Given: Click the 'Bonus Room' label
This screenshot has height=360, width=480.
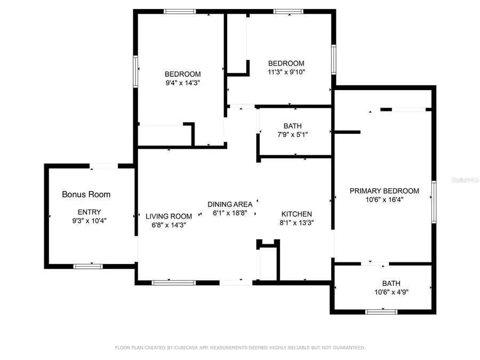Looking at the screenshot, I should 86,194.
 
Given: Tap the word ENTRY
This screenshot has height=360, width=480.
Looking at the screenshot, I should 89,212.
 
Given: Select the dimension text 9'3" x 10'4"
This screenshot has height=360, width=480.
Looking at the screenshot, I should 89,220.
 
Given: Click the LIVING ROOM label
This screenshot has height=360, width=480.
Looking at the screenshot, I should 169,216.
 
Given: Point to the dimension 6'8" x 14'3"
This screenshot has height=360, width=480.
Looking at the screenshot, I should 169,225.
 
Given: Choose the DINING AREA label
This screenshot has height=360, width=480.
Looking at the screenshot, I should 230,204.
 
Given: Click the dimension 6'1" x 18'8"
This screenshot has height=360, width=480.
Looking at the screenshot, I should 230,212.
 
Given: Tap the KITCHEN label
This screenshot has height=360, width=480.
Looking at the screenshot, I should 297,214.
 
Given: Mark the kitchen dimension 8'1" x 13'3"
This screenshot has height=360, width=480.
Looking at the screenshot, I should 297,223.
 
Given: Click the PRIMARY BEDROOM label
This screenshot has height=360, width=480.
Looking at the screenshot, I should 384,190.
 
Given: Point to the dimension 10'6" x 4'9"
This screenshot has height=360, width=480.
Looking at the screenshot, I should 391,292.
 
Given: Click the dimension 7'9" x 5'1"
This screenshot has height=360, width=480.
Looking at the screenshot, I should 292,134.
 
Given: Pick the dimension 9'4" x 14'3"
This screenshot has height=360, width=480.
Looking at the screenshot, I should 182,83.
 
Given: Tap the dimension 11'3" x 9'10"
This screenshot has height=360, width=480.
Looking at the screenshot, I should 286,71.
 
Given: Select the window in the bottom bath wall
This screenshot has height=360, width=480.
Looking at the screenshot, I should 381,311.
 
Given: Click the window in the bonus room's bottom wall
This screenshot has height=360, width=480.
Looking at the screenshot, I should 88,266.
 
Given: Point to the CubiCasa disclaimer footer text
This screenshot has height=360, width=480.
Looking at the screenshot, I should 240,348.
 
